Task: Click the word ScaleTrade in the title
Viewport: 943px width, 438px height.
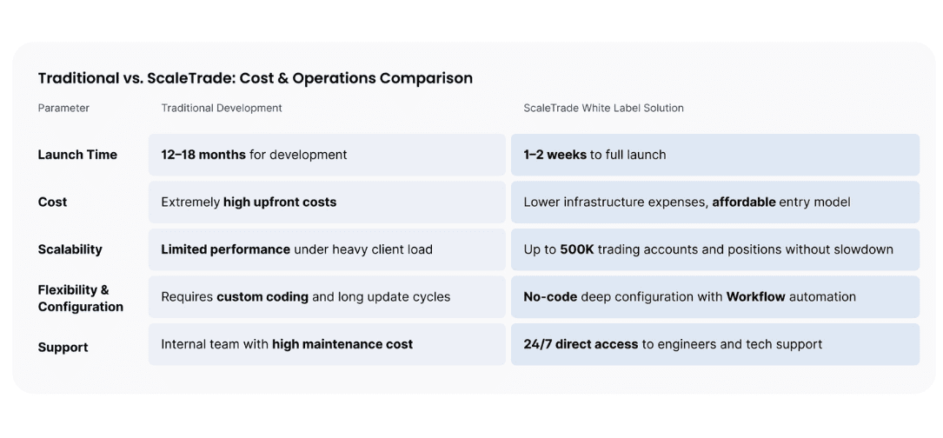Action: [188, 78]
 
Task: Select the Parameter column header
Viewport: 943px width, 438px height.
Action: [63, 109]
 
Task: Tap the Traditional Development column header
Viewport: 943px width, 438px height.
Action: [222, 109]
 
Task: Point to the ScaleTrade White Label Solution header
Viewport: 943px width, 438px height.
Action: [603, 109]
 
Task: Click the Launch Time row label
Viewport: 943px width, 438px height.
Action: [77, 155]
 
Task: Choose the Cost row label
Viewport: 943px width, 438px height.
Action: [52, 202]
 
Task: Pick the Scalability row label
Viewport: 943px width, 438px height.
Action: [70, 249]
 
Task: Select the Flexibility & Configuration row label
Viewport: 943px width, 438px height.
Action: [80, 298]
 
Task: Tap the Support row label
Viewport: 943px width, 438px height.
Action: [63, 348]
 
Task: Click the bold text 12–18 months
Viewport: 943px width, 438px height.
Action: [203, 155]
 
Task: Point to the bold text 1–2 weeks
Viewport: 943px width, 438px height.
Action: [555, 155]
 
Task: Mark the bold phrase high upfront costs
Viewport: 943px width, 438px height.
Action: [280, 202]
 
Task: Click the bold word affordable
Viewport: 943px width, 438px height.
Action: [744, 202]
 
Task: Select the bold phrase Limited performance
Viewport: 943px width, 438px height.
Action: [225, 249]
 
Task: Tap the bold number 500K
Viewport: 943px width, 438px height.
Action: [577, 249]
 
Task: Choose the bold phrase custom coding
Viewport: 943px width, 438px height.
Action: [262, 296]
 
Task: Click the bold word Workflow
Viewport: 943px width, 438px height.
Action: [756, 296]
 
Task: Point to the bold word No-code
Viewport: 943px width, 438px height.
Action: [550, 296]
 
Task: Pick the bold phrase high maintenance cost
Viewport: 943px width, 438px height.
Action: [342, 344]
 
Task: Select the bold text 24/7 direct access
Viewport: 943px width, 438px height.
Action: [581, 344]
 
